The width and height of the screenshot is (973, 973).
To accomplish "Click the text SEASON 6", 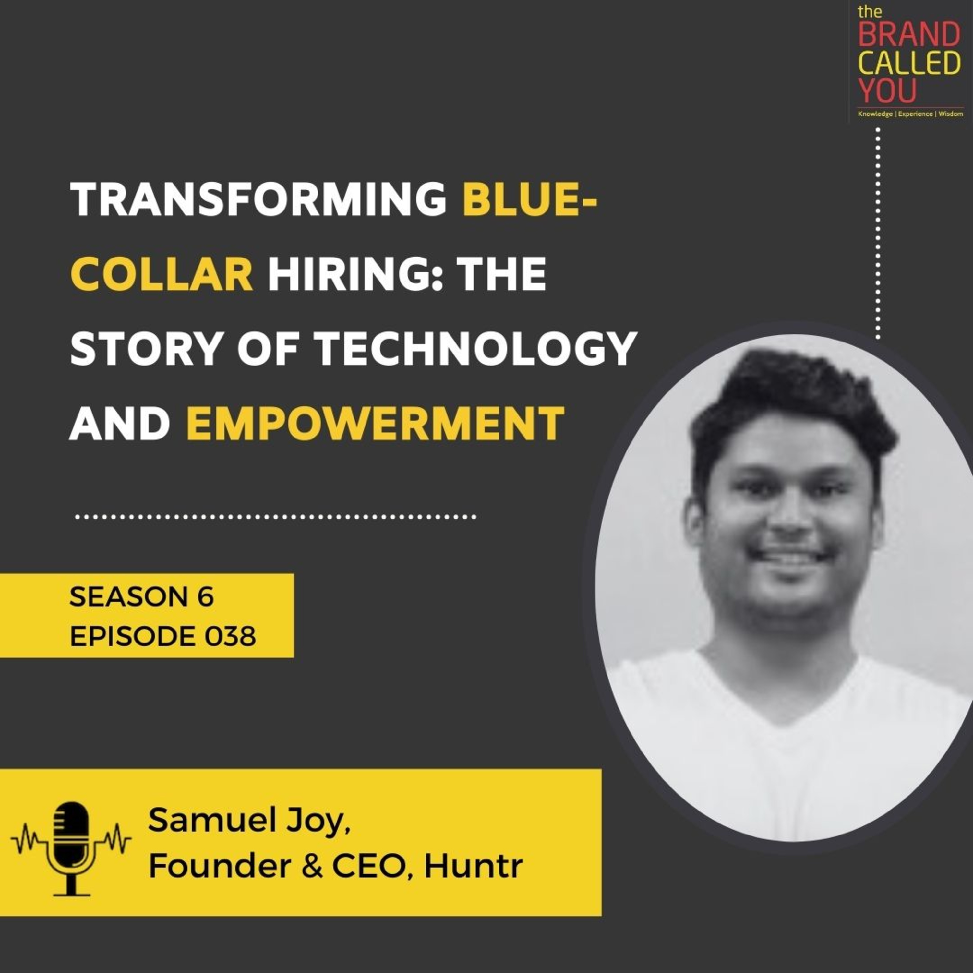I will pyautogui.click(x=141, y=597).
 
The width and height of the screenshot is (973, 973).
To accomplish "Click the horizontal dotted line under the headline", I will pyautogui.click(x=275, y=517).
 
